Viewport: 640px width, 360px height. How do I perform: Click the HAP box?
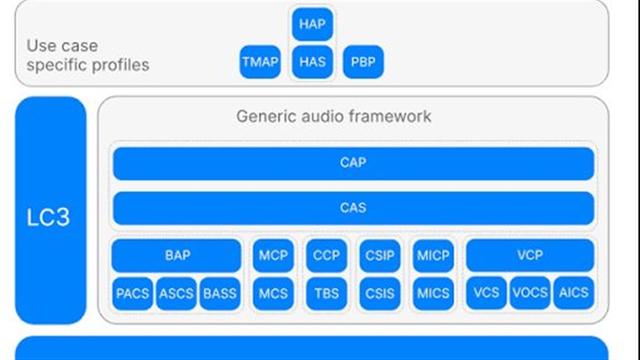[x=313, y=24]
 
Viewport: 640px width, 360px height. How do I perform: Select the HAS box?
[x=313, y=62]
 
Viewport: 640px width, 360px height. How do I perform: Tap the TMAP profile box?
[x=260, y=62]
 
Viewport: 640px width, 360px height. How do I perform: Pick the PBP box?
[x=363, y=62]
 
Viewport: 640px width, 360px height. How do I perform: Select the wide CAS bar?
[x=353, y=207]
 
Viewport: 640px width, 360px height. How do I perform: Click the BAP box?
[x=177, y=255]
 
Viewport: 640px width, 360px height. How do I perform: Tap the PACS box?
[x=132, y=293]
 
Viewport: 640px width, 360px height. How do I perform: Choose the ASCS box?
[x=176, y=293]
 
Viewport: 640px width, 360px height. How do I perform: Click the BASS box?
[x=220, y=293]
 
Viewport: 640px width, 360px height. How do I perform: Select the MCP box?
[x=273, y=255]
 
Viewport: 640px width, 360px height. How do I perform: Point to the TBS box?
[x=326, y=293]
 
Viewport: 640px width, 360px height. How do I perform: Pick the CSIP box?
[x=380, y=255]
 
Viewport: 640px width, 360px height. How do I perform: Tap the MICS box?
[x=433, y=293]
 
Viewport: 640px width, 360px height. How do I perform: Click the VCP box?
[x=530, y=255]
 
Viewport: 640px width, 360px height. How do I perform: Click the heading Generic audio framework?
[x=333, y=116]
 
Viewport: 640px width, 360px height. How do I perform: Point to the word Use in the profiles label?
[x=41, y=46]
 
